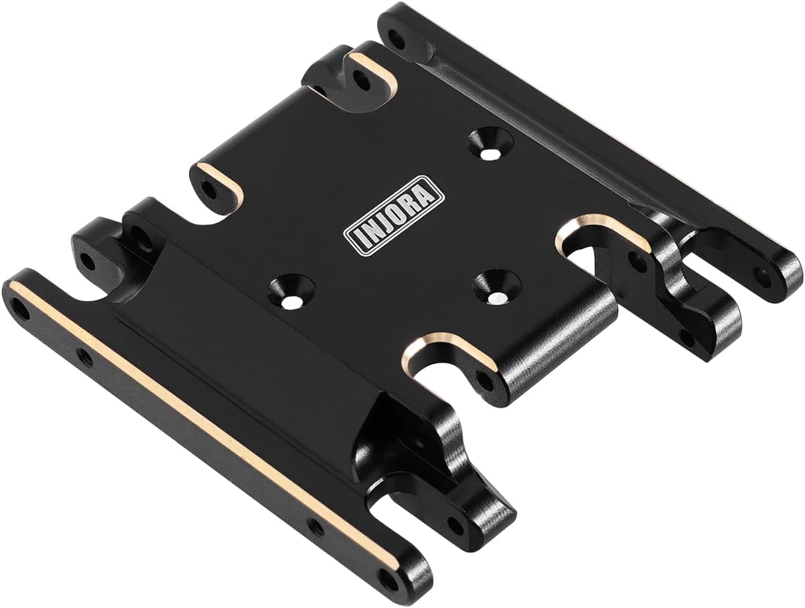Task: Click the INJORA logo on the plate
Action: [393, 215]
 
